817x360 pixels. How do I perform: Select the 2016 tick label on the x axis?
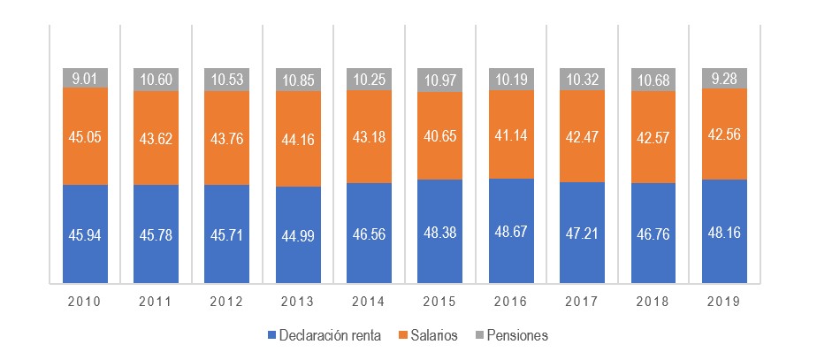[511, 302]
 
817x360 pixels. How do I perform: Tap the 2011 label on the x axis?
[156, 302]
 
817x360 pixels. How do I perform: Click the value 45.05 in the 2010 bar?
[85, 136]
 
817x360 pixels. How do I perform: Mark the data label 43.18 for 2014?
[369, 136]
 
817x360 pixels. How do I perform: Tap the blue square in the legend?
[271, 336]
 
